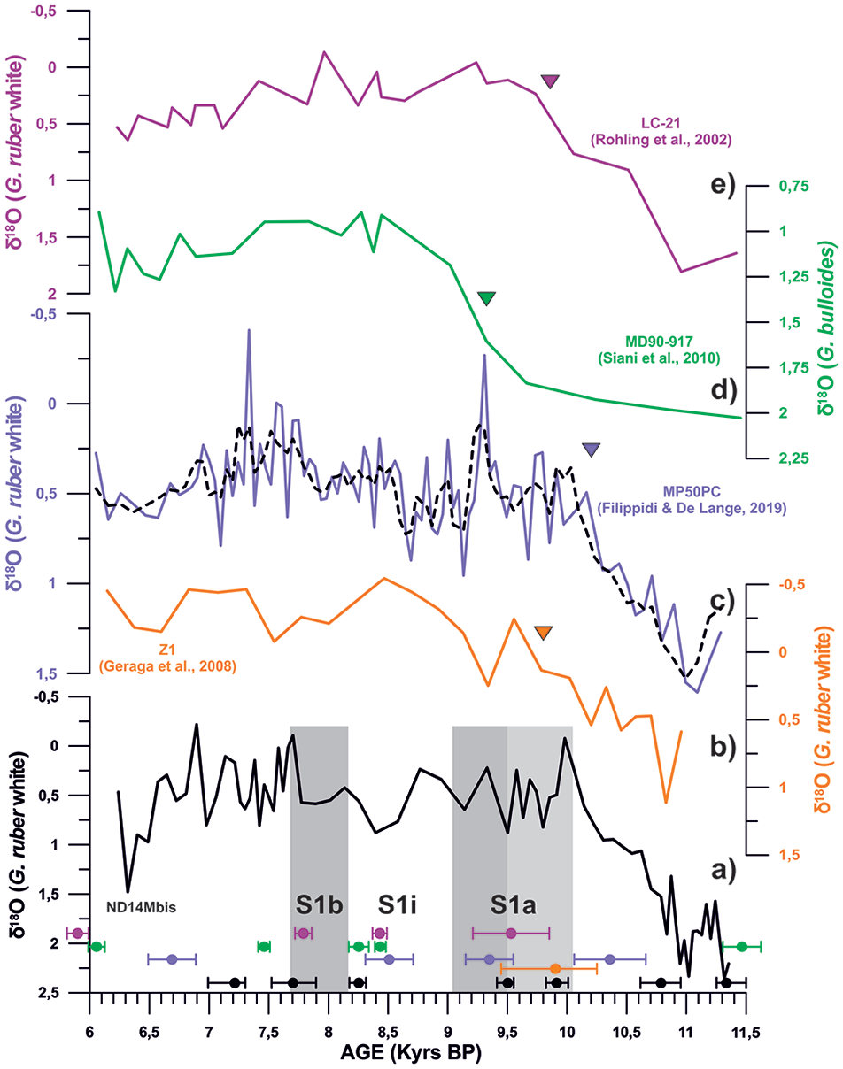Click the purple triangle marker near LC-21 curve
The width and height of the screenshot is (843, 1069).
tap(550, 81)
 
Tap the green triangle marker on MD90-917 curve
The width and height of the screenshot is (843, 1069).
tap(487, 298)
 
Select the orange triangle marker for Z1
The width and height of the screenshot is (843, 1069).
tap(544, 633)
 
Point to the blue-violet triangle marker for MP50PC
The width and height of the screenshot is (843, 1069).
tap(591, 450)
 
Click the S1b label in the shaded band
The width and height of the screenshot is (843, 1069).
tap(319, 904)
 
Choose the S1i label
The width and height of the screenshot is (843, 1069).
tap(397, 904)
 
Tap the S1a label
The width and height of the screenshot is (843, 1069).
tap(513, 904)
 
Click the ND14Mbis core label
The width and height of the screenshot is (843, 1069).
tap(141, 908)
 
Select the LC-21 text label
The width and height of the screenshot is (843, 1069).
tap(661, 123)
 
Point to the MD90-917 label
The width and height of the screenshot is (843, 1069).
tap(659, 342)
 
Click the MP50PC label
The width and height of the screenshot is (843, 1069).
tap(692, 492)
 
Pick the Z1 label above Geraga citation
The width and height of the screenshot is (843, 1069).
tap(167, 650)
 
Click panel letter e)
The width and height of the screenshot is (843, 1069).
tap(723, 185)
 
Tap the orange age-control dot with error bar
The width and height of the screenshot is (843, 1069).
tap(556, 969)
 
